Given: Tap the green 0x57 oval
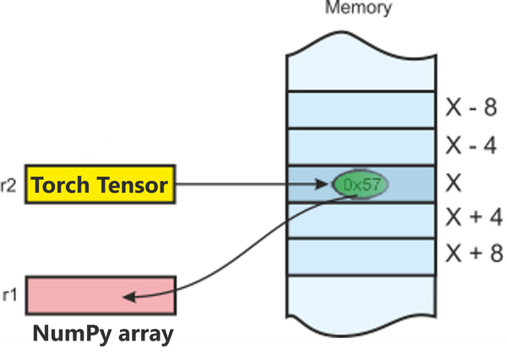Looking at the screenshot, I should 360,184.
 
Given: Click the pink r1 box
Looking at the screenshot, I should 100,296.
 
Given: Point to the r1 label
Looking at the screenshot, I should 9,295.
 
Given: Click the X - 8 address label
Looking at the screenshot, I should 471,108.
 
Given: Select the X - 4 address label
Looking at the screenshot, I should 471,146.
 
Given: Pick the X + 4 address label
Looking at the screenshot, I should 471,219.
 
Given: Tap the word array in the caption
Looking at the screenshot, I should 145,333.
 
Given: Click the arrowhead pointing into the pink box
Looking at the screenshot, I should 128,296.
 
